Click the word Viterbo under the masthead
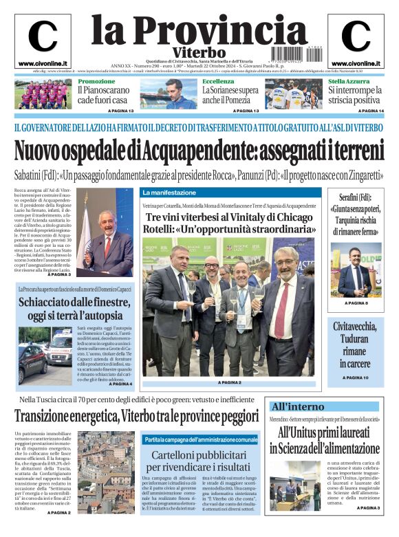tap(199, 52)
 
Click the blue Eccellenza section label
tap(218, 81)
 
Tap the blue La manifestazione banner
tap(170, 193)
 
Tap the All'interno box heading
tap(297, 406)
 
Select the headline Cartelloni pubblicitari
tap(200, 456)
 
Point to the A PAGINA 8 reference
tap(356, 303)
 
